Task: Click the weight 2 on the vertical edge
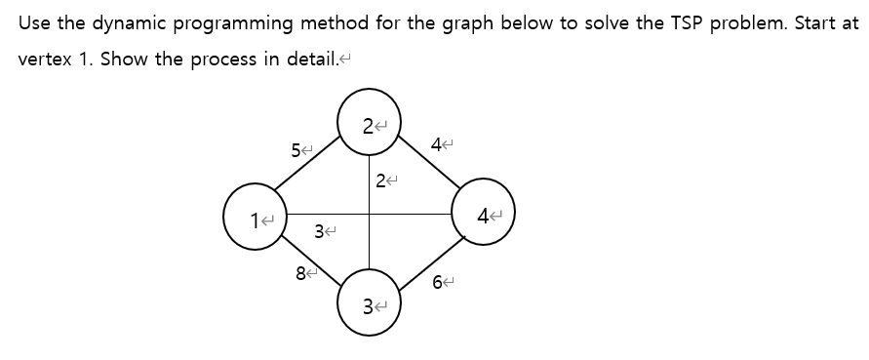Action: tap(380, 180)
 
